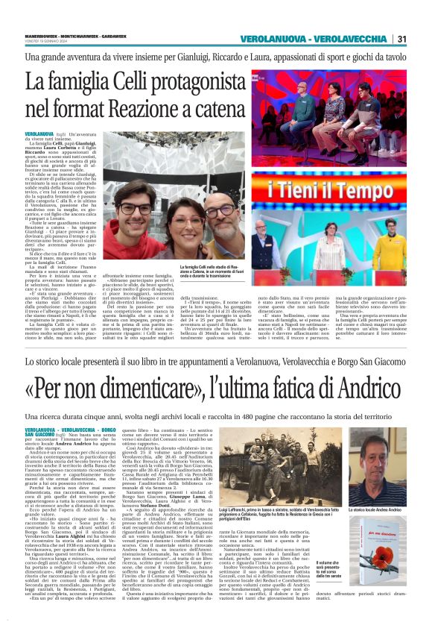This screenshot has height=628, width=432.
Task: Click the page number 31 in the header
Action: (x=401, y=39)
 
